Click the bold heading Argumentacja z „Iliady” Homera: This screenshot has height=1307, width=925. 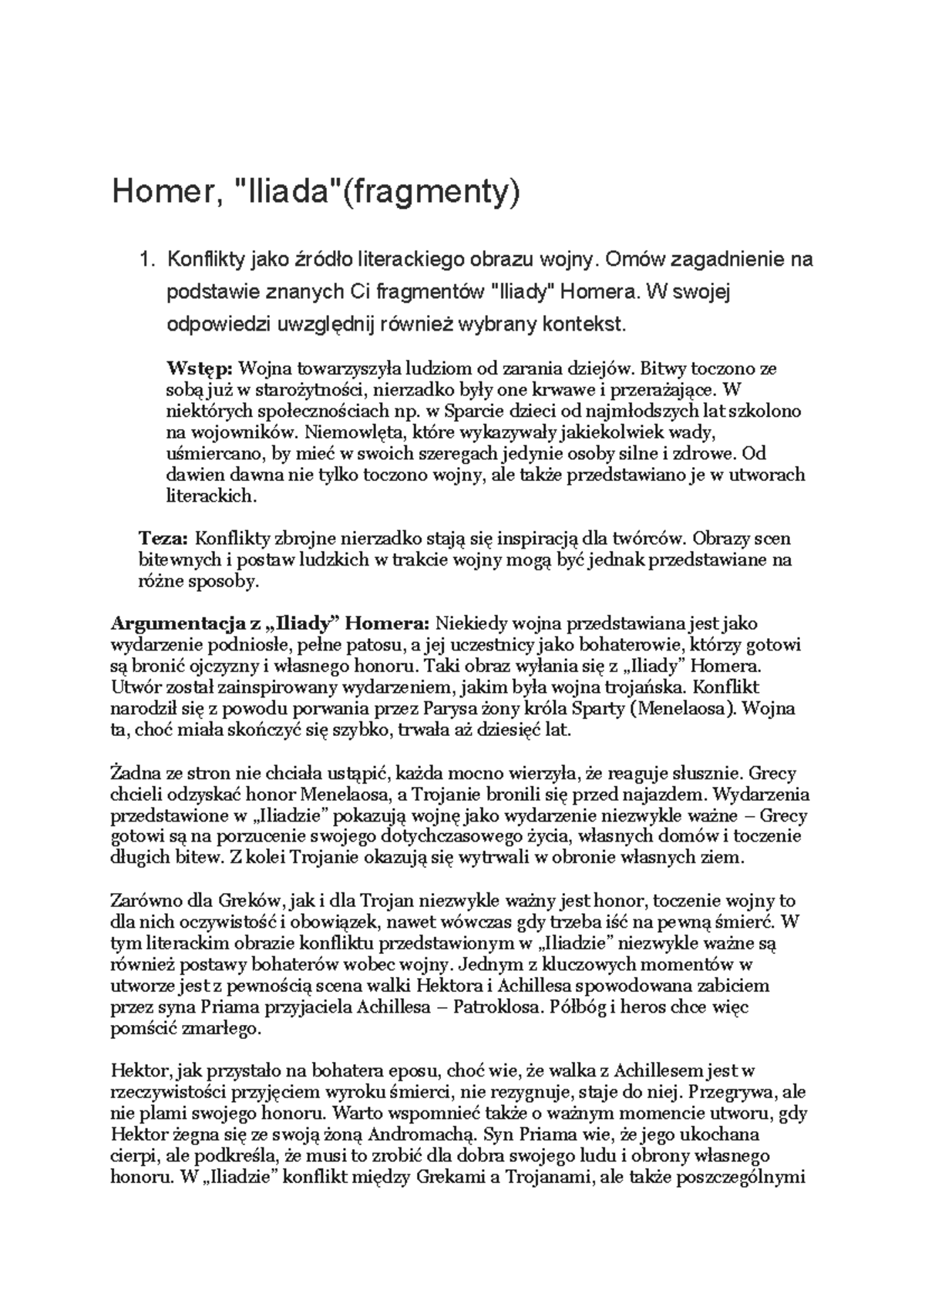point(271,623)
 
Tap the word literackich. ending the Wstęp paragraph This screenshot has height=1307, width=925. point(210,496)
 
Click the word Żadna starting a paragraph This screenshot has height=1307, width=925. point(135,773)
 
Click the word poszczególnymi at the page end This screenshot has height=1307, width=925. point(740,1178)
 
